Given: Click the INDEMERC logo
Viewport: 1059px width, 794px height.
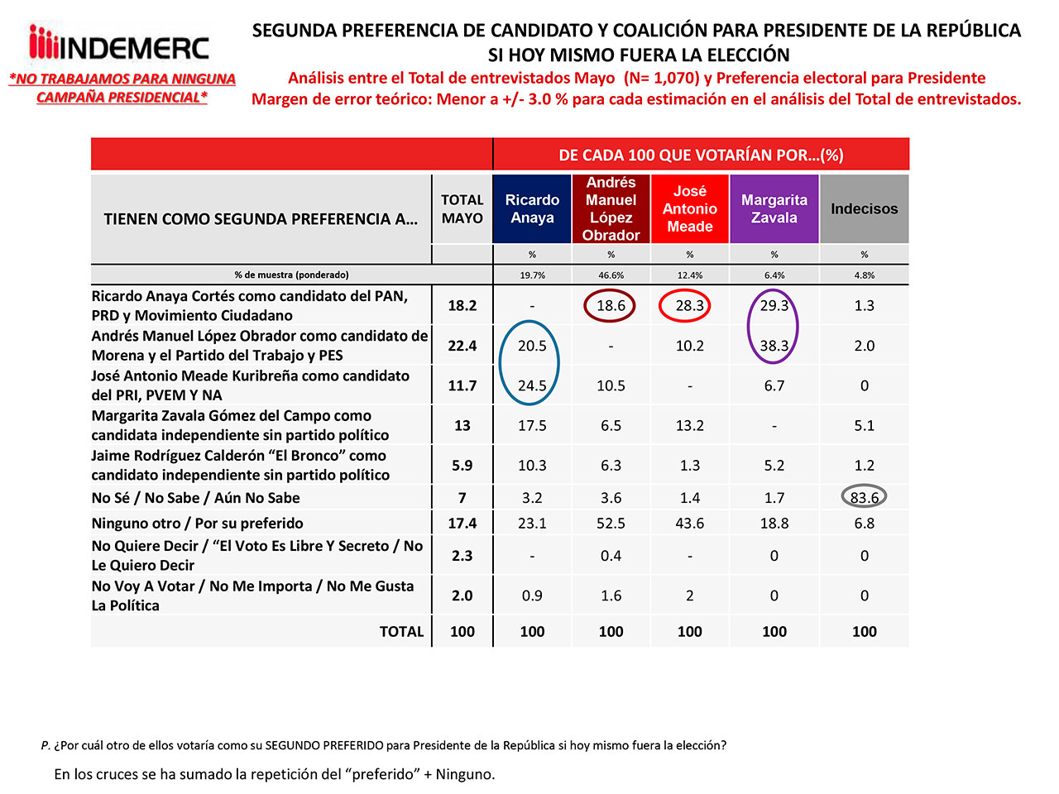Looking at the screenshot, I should pos(119,45).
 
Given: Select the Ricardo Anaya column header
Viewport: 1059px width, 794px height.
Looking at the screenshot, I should pos(532,208).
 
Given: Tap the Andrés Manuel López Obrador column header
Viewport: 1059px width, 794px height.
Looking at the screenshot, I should pos(611,208).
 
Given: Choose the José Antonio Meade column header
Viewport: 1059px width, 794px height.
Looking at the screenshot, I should pos(689,208).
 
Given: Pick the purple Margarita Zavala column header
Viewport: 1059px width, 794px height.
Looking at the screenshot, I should pos(774,208).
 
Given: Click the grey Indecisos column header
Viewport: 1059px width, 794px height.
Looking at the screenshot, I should pos(864,208).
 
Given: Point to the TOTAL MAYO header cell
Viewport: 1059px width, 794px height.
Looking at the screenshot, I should pos(462,208).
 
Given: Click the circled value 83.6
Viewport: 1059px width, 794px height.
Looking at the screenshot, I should pos(864,498).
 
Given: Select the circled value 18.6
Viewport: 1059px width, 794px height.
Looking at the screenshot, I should pos(611,305).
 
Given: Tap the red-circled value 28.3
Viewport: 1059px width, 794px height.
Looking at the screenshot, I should pos(689,305).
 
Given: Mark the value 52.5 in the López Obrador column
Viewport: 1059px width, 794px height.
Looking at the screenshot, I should pos(611,524).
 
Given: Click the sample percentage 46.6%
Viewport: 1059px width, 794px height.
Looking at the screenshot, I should pos(611,275).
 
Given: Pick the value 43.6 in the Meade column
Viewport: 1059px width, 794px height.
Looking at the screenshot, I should pos(689,524).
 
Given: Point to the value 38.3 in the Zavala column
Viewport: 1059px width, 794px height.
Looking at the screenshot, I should pos(774,346).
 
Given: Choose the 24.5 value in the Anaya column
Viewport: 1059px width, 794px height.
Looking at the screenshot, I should pos(532,385).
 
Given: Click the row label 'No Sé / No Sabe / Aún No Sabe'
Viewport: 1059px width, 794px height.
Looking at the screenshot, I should pos(195,498).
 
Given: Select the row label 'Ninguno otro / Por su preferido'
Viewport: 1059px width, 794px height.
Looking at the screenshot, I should pos(197,524).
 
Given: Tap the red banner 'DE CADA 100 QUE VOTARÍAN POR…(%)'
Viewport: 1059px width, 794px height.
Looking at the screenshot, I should pos(701,155).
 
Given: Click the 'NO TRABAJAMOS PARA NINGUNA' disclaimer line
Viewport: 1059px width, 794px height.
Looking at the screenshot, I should pos(122,79).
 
